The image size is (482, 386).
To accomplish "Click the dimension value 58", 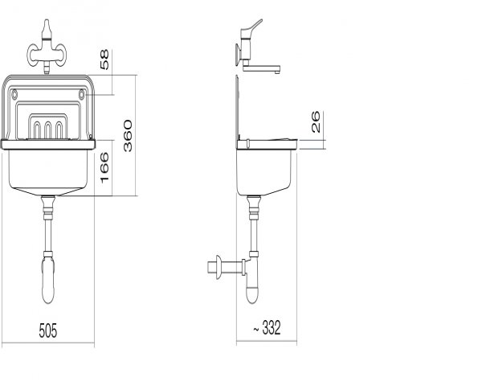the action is pos(104,60).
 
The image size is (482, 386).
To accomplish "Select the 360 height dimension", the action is pos(128,136).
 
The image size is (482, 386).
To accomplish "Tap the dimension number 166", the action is pos(104,168).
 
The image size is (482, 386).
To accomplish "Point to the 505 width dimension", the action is pos(48,331).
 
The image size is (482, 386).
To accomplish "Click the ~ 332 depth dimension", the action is pos(267,327).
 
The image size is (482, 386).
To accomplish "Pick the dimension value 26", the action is pos(316,122).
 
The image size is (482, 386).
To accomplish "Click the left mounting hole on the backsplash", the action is pos(14,95).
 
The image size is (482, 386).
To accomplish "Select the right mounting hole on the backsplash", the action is pos(81,94).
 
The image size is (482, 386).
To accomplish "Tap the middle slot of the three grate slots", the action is pos(47,130).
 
